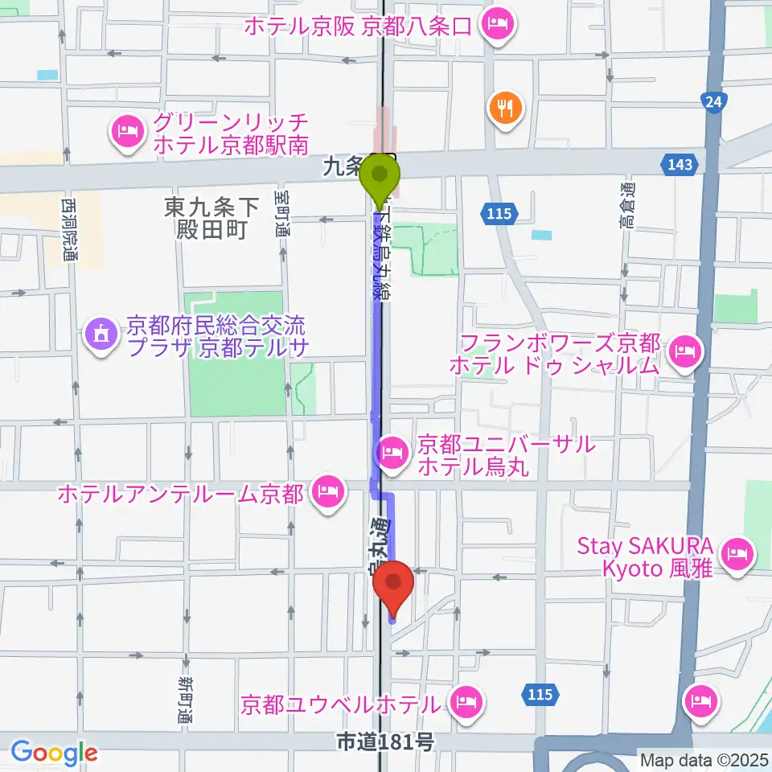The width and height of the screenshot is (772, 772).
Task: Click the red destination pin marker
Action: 394,585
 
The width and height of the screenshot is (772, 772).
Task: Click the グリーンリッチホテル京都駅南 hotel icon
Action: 128,131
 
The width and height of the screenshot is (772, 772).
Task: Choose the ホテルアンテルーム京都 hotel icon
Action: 326,491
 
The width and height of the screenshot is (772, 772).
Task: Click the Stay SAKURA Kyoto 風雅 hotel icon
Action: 736,554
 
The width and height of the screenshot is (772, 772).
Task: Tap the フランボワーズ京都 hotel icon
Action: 685,351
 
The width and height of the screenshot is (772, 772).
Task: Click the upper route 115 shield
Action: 499,213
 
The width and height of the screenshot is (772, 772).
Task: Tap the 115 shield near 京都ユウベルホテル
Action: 541,693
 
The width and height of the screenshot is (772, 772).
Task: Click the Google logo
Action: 54,753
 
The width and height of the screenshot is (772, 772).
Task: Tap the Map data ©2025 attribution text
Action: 704,758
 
